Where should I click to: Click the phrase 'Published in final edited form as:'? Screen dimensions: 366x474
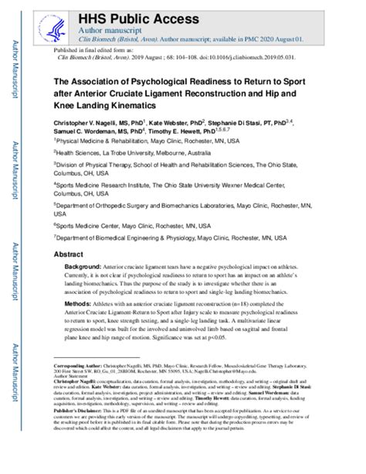[93, 49]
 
